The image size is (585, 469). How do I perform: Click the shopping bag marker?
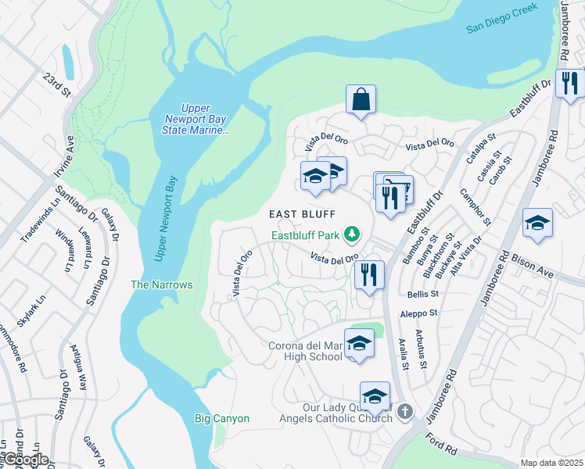361,100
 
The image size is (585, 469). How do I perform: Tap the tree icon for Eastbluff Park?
353,234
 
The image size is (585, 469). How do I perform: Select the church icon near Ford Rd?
404,410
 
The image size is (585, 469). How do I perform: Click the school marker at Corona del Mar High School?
359,343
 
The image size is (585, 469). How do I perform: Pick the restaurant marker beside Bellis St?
368,275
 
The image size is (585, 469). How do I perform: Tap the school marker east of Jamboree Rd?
537,223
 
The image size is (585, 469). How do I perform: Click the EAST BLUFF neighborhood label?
303,214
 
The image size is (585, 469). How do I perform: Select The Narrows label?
161,285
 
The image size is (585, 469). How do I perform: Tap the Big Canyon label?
221,418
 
